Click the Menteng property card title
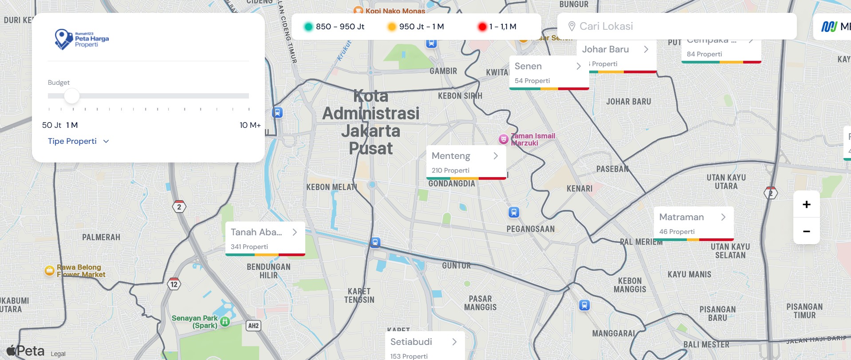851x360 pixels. [x=451, y=156]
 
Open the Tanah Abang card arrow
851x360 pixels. [x=295, y=232]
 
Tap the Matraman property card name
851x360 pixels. [x=682, y=217]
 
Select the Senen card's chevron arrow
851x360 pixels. [x=579, y=66]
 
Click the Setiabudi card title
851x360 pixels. [x=411, y=342]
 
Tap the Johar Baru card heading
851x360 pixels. [x=606, y=49]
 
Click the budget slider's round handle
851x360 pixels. [x=71, y=96]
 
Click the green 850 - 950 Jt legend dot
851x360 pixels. [x=308, y=27]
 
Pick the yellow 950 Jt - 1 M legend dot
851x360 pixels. [x=392, y=27]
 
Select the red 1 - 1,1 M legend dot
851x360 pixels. [x=482, y=27]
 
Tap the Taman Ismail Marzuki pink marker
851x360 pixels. [x=504, y=139]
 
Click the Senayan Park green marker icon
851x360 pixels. [x=225, y=321]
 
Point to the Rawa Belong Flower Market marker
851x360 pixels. [x=50, y=270]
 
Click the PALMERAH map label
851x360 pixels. [x=101, y=237]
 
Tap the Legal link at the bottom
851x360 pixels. [x=58, y=354]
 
